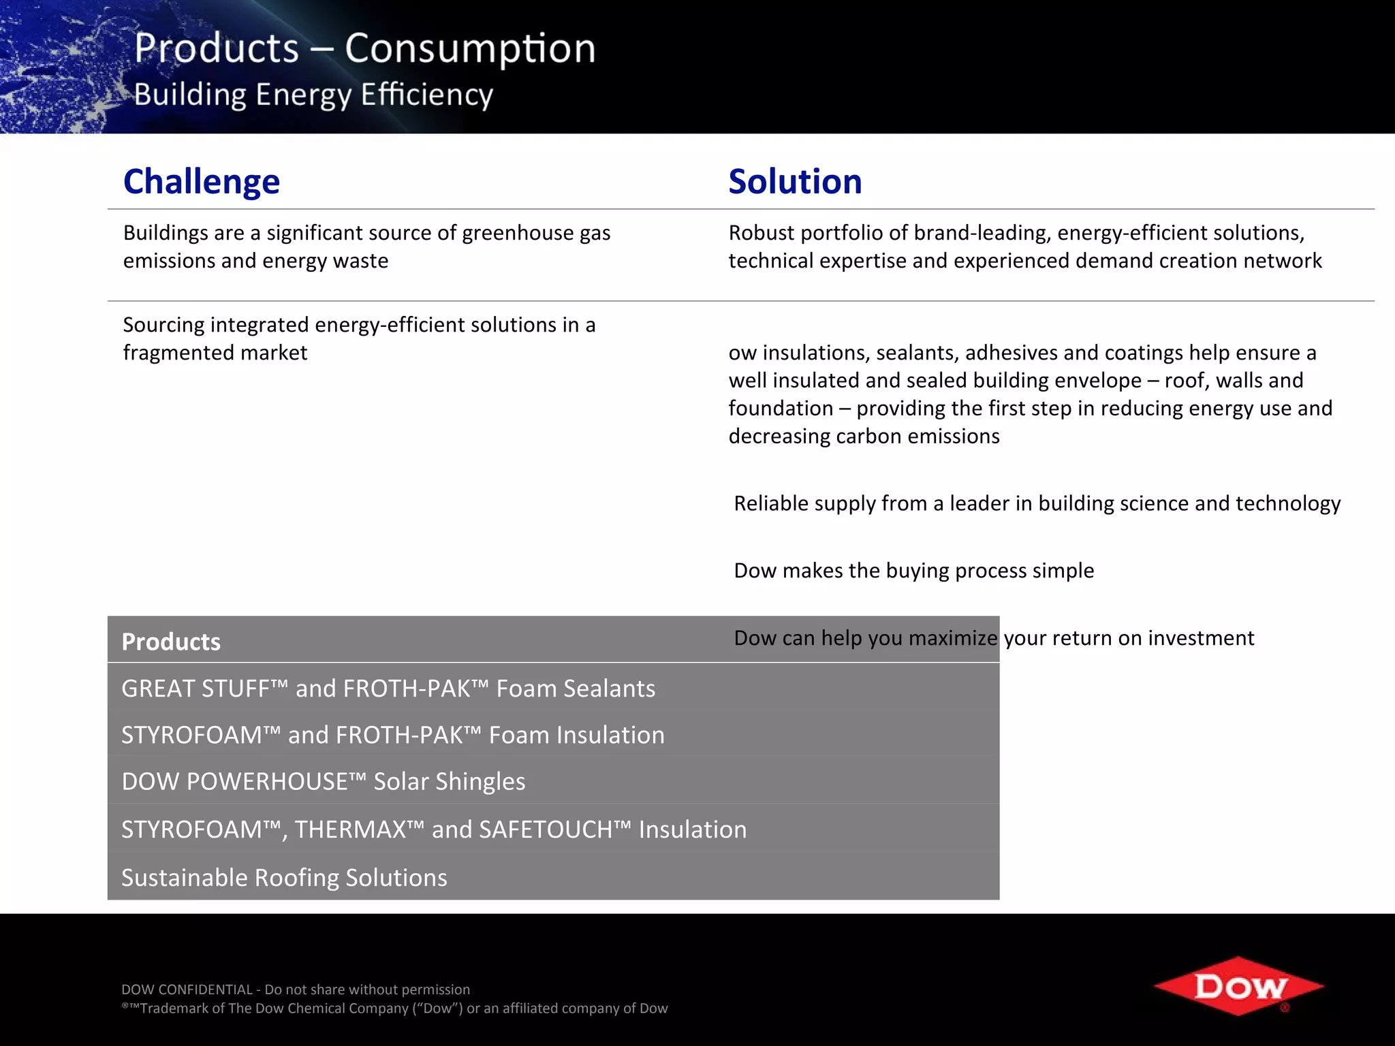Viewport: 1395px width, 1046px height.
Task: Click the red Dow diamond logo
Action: click(1238, 986)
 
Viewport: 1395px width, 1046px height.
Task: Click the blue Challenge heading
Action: click(201, 181)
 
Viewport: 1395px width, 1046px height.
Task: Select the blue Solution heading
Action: click(794, 181)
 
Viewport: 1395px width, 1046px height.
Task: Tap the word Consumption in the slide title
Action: click(470, 48)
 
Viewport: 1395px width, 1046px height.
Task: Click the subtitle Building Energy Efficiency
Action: click(313, 95)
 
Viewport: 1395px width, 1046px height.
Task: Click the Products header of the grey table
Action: click(171, 641)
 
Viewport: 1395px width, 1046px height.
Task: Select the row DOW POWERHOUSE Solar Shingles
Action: click(323, 781)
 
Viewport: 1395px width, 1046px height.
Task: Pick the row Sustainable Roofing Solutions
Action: click(284, 877)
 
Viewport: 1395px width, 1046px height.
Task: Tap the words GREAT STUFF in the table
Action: click(195, 688)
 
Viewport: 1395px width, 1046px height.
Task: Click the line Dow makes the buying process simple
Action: click(913, 570)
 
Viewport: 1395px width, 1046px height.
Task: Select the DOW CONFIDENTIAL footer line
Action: click(295, 989)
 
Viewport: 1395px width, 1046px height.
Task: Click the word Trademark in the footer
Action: click(173, 1008)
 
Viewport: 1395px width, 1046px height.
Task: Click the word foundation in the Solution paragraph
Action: click(780, 409)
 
